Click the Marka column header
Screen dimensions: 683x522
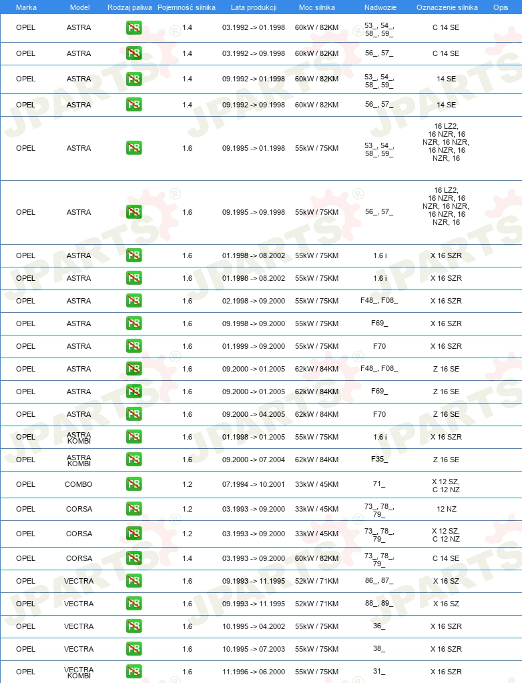[26, 7]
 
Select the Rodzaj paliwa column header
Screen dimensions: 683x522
[129, 7]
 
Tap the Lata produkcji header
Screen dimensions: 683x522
[254, 7]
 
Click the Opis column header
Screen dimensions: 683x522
[500, 7]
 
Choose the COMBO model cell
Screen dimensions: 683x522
[79, 484]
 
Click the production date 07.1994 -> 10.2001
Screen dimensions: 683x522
[254, 484]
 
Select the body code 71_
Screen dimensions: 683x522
[379, 484]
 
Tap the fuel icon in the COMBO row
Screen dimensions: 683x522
[134, 484]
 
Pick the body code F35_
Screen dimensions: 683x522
[379, 460]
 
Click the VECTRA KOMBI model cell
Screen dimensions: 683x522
[79, 672]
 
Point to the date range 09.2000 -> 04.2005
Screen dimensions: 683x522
[254, 414]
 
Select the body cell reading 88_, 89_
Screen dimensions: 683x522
[379, 604]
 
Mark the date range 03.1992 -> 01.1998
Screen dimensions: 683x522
[254, 28]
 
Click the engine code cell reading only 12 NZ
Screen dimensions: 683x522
[446, 509]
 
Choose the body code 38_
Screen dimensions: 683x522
[379, 649]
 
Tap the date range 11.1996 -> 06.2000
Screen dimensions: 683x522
[254, 672]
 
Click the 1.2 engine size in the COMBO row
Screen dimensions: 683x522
[187, 484]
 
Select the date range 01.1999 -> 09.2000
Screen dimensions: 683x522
[254, 346]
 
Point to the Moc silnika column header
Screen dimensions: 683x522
[316, 7]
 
